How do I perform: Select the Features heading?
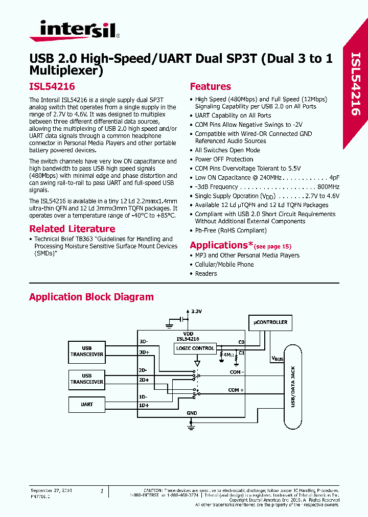click(x=210, y=87)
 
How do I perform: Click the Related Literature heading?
click(x=72, y=229)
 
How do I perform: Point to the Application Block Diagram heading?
click(x=91, y=297)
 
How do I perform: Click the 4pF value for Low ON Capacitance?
click(x=334, y=178)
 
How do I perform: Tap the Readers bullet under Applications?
click(x=206, y=274)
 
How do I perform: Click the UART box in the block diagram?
click(x=87, y=404)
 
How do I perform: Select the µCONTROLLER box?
click(x=270, y=322)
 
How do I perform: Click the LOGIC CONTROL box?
click(x=195, y=348)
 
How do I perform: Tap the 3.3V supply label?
click(x=196, y=311)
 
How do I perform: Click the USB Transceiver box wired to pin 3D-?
click(x=87, y=351)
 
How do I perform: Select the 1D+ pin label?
click(x=144, y=406)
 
